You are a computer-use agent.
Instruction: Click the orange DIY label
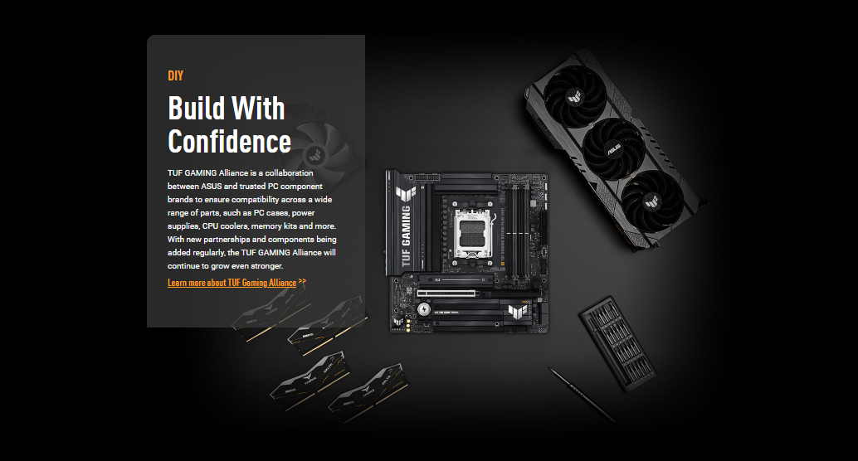[175, 75]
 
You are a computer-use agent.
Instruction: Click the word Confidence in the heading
[229, 142]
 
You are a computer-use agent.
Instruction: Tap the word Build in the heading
[195, 108]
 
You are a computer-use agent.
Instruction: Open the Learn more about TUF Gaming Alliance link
[232, 283]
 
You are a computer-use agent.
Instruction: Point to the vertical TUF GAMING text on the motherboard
[406, 235]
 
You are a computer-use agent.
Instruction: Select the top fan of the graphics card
[574, 97]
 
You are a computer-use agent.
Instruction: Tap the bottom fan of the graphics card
[651, 201]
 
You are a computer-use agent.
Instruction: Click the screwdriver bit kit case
[618, 343]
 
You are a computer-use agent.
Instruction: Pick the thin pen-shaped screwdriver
[582, 394]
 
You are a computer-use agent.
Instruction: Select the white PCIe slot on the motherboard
[446, 294]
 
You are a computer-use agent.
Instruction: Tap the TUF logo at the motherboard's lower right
[517, 311]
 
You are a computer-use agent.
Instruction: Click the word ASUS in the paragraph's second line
[212, 186]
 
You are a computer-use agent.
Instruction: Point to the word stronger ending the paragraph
[266, 266]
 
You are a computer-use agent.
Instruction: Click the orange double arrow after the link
[303, 281]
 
